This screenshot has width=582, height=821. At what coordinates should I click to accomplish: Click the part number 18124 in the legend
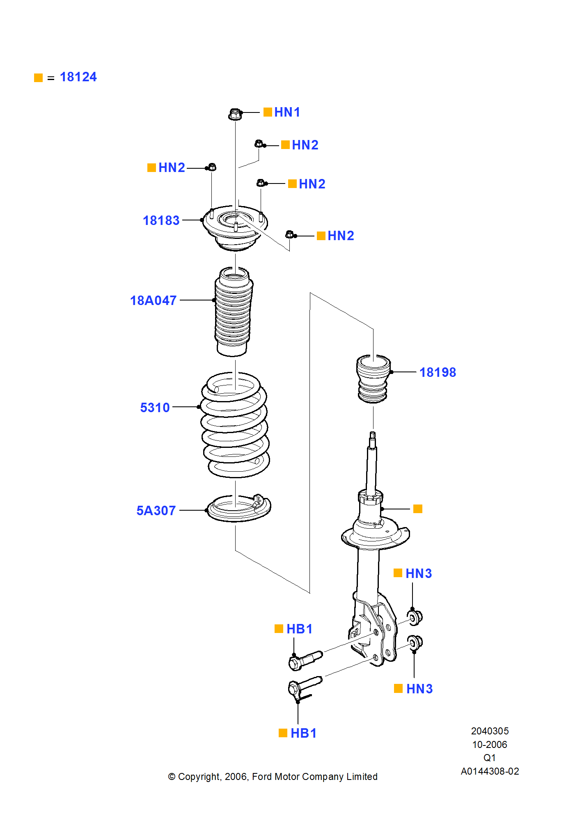(78, 77)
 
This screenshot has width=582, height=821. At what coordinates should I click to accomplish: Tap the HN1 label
(287, 112)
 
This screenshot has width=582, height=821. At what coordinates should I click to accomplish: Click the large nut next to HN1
(235, 114)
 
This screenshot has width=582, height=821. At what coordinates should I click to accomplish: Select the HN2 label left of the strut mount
(172, 167)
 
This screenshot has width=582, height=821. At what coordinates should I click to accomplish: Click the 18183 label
(161, 220)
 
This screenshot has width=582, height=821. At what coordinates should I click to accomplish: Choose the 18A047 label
(153, 300)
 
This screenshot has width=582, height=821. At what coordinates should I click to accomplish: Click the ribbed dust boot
(233, 312)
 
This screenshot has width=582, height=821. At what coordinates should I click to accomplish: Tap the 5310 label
(155, 408)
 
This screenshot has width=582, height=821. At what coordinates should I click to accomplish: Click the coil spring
(235, 425)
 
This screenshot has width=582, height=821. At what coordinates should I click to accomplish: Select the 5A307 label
(156, 511)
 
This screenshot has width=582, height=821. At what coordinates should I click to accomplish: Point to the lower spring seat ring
(238, 509)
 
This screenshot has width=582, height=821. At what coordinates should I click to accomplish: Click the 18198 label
(438, 372)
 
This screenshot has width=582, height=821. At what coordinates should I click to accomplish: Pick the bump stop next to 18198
(373, 378)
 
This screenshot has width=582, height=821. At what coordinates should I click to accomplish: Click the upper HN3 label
(419, 573)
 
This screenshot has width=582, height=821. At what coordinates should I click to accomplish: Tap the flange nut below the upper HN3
(415, 617)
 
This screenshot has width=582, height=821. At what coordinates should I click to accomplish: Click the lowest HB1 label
(303, 733)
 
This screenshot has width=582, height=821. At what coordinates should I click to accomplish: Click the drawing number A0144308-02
(490, 771)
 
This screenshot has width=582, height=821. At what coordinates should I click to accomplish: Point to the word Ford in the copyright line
(261, 777)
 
